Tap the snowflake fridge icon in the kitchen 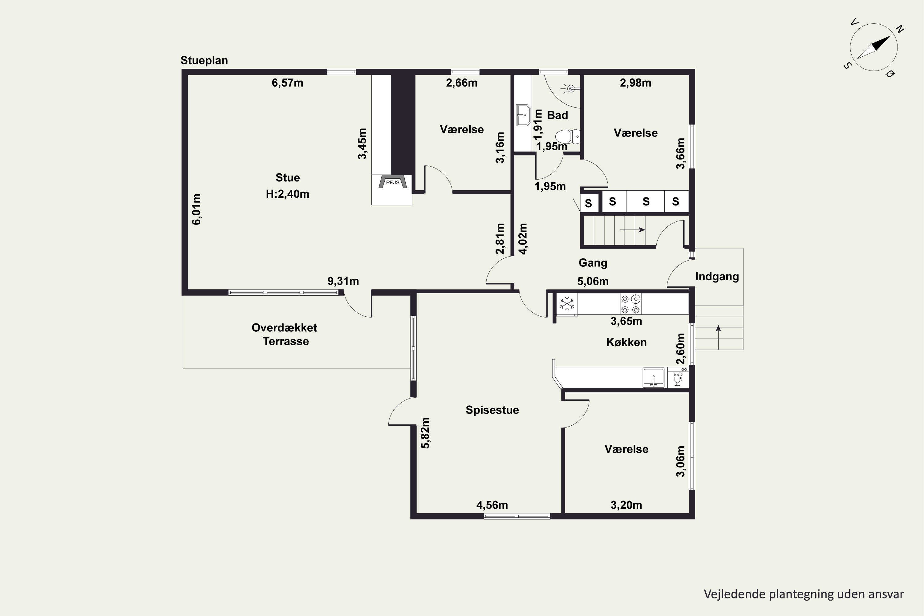click(x=567, y=304)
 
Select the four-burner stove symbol click(x=630, y=304)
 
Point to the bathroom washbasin click(x=523, y=115)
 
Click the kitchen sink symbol click(x=653, y=378)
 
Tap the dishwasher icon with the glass click(x=678, y=378)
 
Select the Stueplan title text click(x=204, y=60)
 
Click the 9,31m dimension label click(x=343, y=281)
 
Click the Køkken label click(x=626, y=342)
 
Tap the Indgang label click(x=717, y=277)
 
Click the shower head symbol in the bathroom click(x=570, y=89)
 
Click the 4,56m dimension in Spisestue click(x=492, y=505)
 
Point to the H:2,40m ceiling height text click(x=288, y=194)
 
